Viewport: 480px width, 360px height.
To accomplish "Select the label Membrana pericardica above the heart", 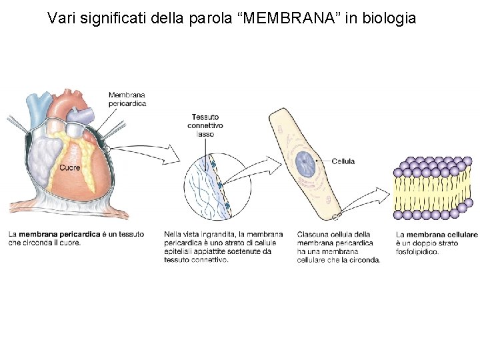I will (127, 99).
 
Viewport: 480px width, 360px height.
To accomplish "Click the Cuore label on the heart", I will (70, 167).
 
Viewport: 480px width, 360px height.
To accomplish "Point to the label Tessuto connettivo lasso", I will (205, 125).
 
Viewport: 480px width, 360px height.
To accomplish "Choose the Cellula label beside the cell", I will (343, 161).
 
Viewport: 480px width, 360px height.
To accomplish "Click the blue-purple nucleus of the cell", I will (307, 161).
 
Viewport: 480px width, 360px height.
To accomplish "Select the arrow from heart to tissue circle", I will (153, 153).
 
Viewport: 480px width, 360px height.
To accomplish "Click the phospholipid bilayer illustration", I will (433, 188).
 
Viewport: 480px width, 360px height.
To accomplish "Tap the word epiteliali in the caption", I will (179, 252).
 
